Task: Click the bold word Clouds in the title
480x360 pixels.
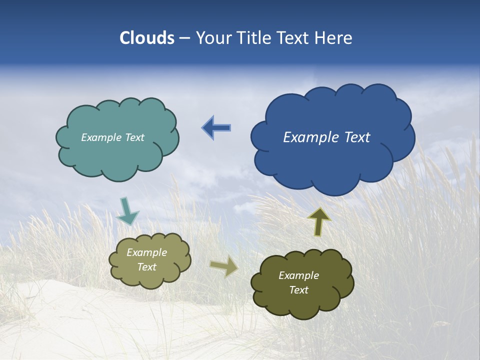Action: [x=147, y=38]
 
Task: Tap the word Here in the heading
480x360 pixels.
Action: [x=334, y=38]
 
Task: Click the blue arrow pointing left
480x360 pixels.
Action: [x=216, y=128]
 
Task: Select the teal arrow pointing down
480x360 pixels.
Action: [x=127, y=211]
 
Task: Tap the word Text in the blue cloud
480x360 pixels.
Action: [x=357, y=137]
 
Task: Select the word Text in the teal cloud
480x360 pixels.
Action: [x=135, y=137]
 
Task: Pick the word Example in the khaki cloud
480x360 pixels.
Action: [x=146, y=252]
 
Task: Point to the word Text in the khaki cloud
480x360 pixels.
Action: [x=146, y=267]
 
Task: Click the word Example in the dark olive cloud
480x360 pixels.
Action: [x=298, y=275]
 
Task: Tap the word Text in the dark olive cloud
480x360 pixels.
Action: [x=298, y=290]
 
